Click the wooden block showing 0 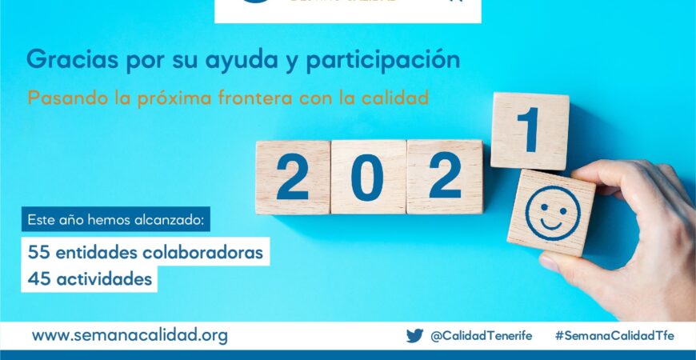368,177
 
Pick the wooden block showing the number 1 529,131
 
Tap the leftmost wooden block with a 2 292,178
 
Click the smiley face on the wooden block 551,212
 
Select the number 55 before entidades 38,252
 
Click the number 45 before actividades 38,279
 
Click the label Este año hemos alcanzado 116,219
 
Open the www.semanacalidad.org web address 130,336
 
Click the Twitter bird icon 414,336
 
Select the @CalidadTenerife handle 481,336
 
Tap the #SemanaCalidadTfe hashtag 614,336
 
